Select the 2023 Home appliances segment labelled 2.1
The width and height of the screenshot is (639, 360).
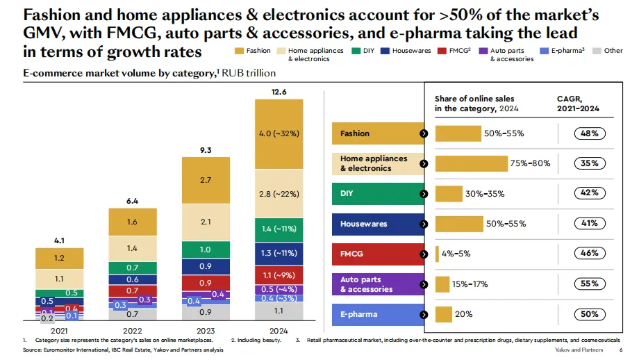coord(206,222)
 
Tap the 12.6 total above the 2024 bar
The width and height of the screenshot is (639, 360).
coord(279,92)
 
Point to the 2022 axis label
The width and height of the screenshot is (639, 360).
coord(133,330)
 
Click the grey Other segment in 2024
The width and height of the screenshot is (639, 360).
coord(279,310)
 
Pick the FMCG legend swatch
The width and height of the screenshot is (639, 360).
coord(442,51)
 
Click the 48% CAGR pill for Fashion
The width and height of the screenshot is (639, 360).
coord(590,133)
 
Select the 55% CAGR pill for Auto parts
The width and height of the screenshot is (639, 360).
coord(590,284)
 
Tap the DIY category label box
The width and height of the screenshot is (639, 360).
coord(378,193)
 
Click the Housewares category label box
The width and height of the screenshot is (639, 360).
coord(378,224)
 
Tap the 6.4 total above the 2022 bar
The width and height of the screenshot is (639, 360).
coord(133,202)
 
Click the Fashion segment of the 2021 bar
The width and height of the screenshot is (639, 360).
coord(60,258)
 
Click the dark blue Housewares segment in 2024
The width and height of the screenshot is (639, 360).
coord(279,254)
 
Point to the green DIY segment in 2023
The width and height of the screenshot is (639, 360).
coord(206,249)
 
